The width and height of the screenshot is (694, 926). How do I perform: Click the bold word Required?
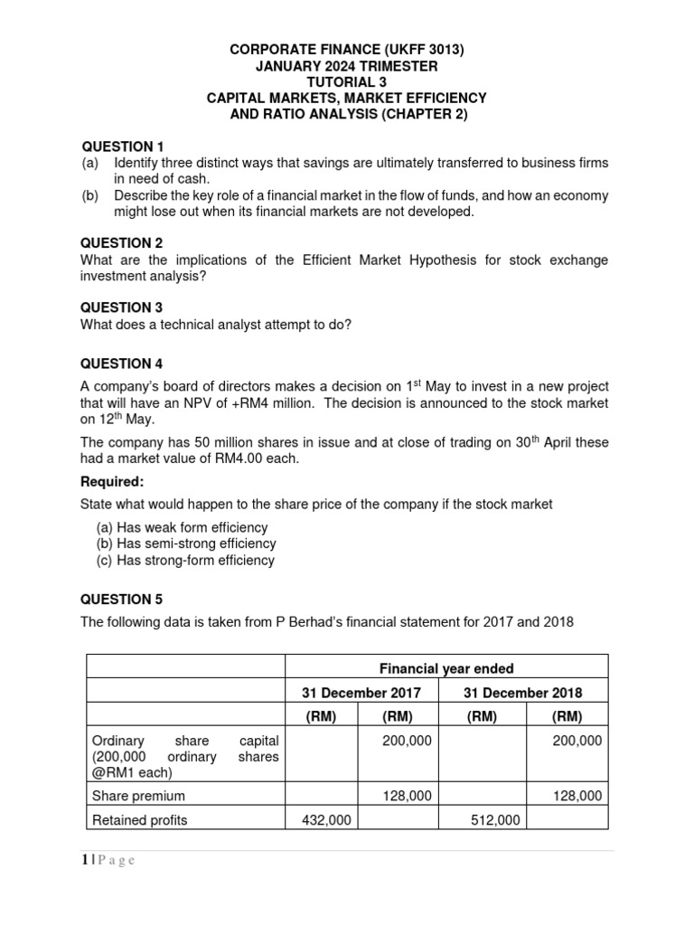(112, 481)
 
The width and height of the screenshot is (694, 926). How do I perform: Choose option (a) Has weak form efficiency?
(183, 527)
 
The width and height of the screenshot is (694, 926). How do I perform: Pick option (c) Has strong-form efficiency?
(185, 560)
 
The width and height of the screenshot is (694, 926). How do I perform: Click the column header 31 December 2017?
(361, 693)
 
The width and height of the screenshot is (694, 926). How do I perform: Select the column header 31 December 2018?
(522, 693)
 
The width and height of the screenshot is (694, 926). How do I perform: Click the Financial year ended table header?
(446, 668)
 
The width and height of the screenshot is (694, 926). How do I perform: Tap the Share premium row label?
(138, 796)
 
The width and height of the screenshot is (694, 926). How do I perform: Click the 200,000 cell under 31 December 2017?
(407, 740)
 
